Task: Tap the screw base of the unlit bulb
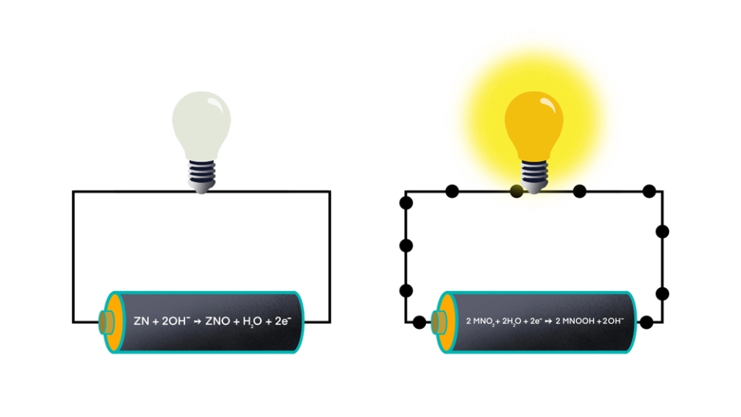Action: [201, 176]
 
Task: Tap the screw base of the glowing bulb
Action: [534, 176]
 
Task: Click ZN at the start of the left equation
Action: [141, 321]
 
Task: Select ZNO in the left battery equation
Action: [218, 321]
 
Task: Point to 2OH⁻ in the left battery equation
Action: [176, 321]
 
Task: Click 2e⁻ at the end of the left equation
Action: [283, 321]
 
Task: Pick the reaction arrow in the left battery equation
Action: [198, 321]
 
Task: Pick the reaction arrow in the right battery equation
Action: [549, 321]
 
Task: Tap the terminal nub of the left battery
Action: [107, 323]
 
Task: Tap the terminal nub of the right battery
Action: [439, 323]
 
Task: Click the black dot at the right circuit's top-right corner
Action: [649, 192]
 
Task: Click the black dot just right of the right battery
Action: [646, 323]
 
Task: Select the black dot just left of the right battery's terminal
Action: [419, 323]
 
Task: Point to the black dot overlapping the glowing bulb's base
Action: [516, 192]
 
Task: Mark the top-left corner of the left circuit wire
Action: [73, 192]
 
